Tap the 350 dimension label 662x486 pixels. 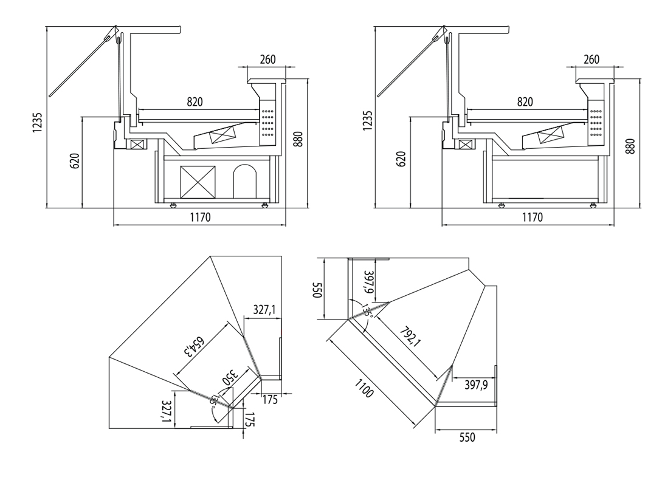coord(230,376)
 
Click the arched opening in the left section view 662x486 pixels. coord(246,181)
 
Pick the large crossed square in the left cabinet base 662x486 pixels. coord(198,182)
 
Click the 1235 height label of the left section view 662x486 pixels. coord(37,122)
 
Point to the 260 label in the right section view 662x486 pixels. coord(591,60)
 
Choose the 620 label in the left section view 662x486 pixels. coord(76,161)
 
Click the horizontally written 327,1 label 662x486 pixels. coord(264,310)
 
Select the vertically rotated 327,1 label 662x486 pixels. coord(166,411)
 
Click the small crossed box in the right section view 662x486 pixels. coord(465,145)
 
